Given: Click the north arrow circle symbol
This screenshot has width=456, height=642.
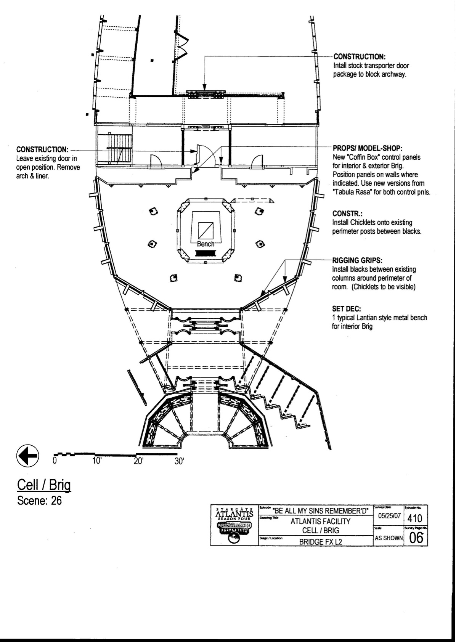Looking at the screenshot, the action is click(27, 455).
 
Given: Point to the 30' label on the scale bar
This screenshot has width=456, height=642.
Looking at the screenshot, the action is click(179, 461).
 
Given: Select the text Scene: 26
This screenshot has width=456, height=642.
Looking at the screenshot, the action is click(39, 500).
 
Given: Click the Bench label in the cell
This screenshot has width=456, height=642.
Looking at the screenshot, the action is click(206, 244).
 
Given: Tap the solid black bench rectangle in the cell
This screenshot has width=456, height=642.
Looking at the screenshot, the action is click(206, 253).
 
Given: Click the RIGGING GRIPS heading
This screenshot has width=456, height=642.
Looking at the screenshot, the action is click(357, 261).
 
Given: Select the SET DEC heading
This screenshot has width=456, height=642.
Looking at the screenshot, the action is click(347, 309).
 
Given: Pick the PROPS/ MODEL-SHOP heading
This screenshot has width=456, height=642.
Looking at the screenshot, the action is click(368, 148).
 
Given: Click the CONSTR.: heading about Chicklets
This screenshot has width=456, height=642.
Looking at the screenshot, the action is click(347, 213).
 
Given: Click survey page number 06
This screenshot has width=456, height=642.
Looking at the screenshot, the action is click(416, 538).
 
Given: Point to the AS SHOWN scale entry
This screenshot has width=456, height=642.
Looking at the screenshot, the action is click(389, 538).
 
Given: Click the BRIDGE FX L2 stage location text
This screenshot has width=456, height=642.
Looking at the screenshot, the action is click(320, 541).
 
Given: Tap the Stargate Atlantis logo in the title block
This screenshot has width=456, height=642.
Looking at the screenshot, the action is click(234, 525).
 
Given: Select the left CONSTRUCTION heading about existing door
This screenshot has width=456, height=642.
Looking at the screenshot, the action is click(42, 149).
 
